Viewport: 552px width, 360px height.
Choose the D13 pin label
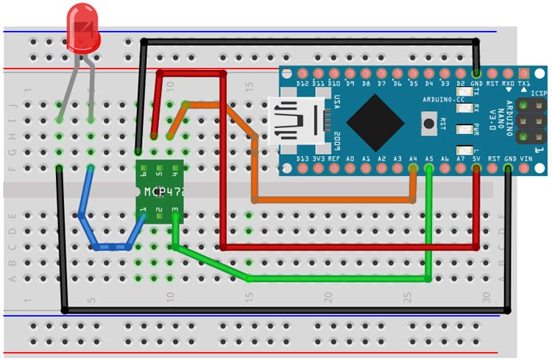(302, 159)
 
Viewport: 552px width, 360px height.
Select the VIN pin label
(526, 159)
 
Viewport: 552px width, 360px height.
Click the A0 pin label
(350, 159)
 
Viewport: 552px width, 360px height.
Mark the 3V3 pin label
(318, 159)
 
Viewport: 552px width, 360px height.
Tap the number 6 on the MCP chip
(143, 174)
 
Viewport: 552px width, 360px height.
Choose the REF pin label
(334, 159)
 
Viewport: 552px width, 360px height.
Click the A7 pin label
(461, 159)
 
